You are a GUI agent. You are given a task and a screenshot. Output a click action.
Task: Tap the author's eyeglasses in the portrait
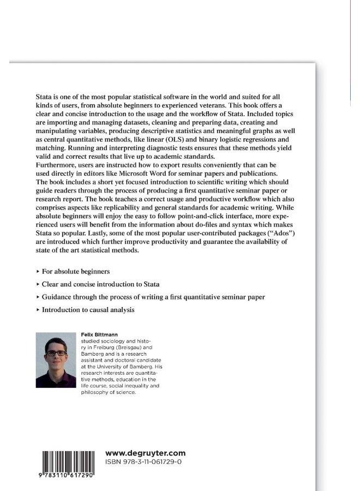point(56,352)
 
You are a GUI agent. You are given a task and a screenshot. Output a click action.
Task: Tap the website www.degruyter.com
point(145,453)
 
